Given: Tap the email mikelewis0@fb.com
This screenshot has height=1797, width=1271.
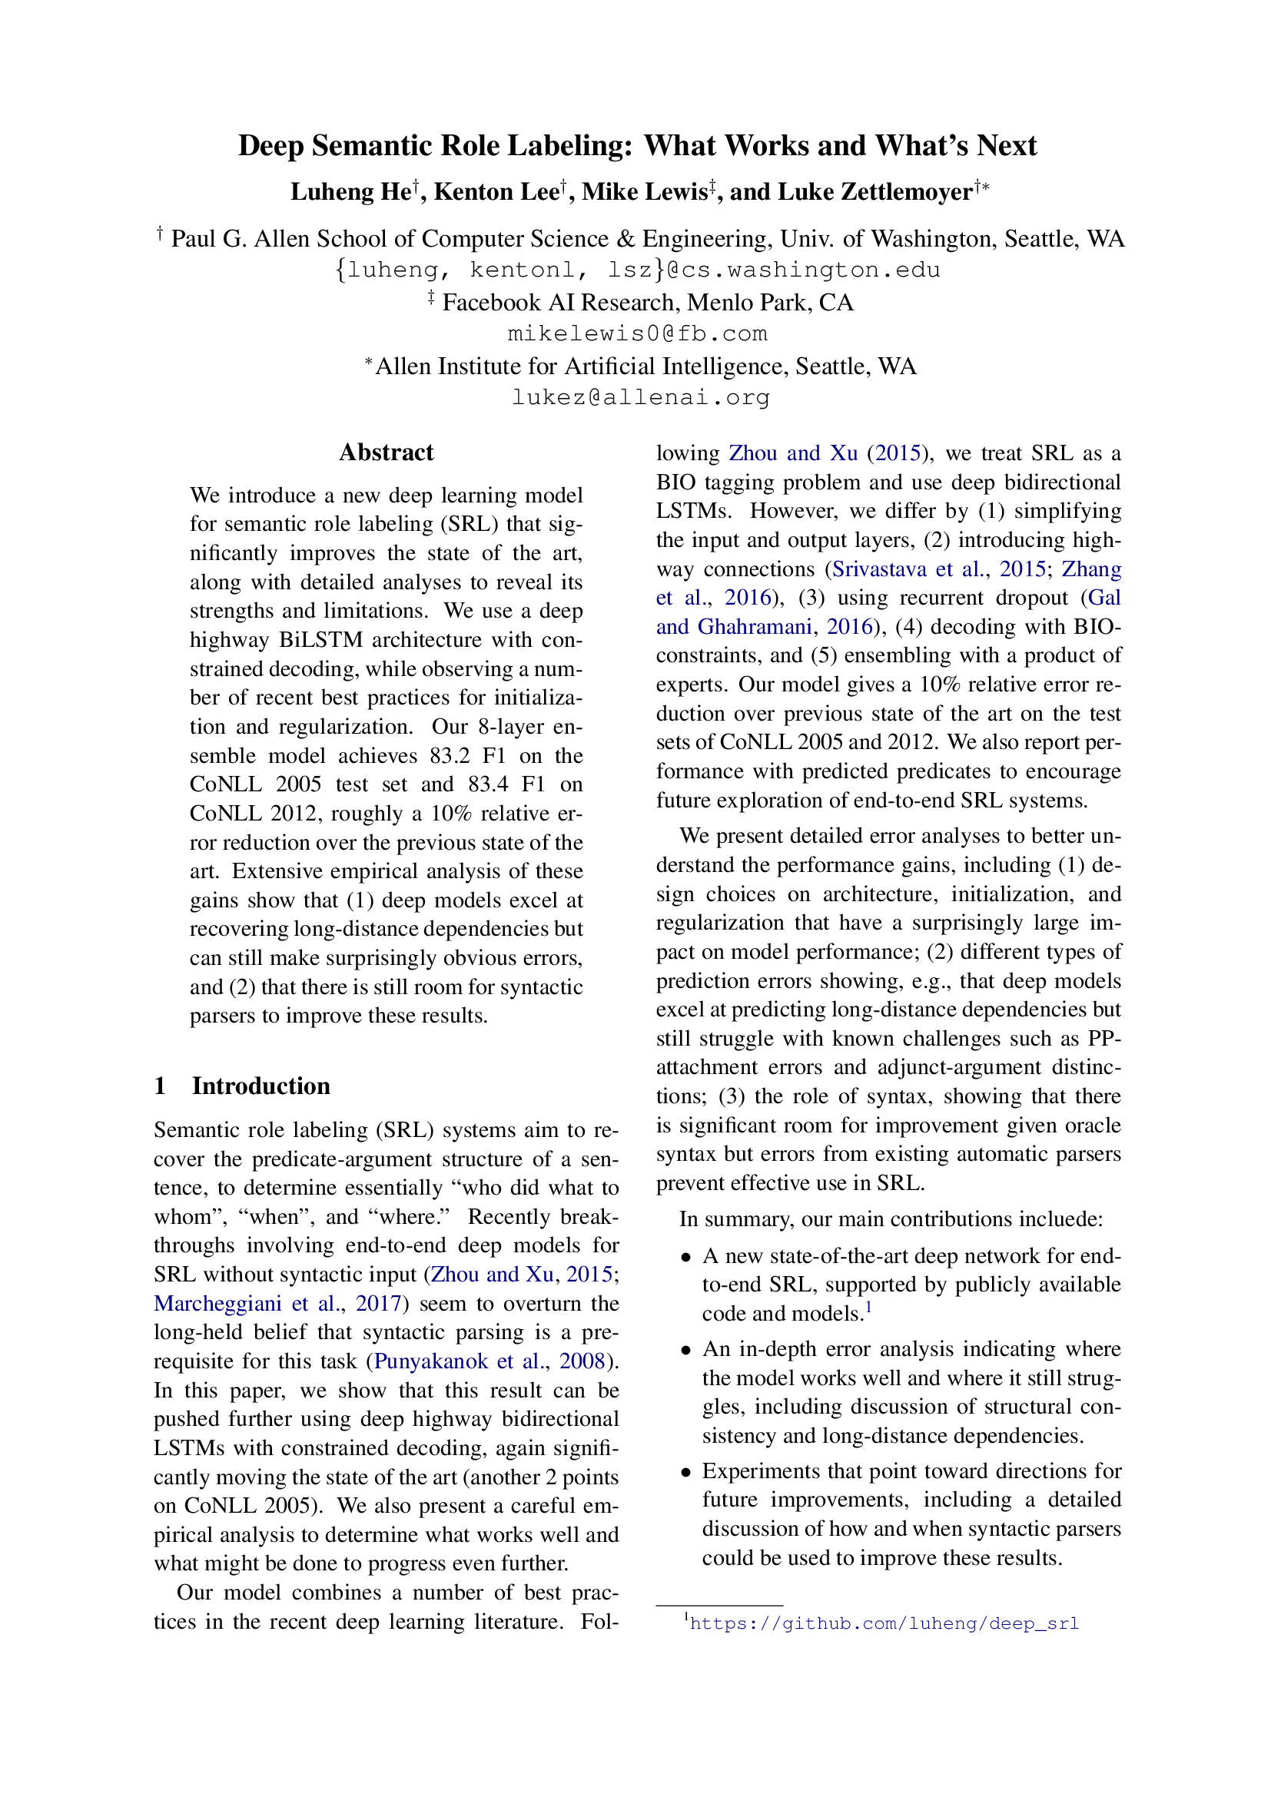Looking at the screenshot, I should pyautogui.click(x=637, y=334).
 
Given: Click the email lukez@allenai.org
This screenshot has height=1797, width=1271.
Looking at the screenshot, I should pyautogui.click(x=640, y=398).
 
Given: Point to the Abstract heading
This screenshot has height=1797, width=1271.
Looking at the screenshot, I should pyautogui.click(x=386, y=453).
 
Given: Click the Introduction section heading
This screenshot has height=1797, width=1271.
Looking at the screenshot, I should pyautogui.click(x=261, y=1086).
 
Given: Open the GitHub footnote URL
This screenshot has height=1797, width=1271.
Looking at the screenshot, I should pyautogui.click(x=884, y=1623).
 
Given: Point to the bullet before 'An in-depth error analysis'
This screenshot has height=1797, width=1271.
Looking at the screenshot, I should pyautogui.click(x=685, y=1350).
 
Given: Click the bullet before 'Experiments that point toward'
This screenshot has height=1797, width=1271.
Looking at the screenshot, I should pyautogui.click(x=685, y=1472).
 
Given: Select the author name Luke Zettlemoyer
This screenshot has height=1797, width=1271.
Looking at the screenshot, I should pyautogui.click(x=851, y=192).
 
